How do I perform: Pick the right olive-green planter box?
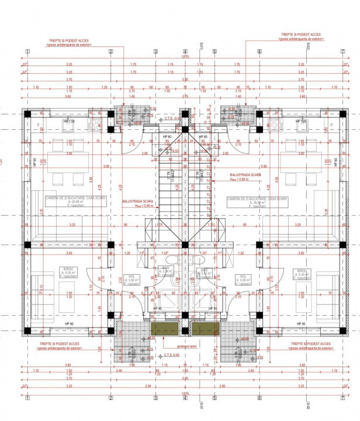[206, 329]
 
